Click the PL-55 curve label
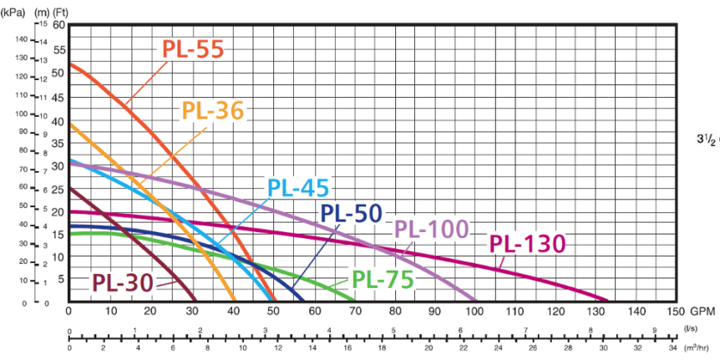click(193, 49)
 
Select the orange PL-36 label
click(213, 110)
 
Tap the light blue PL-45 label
click(298, 188)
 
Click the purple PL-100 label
click(431, 229)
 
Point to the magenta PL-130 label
click(527, 244)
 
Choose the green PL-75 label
click(383, 280)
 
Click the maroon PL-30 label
click(122, 283)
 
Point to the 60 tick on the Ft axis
click(58, 24)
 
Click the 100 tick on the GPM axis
click(474, 311)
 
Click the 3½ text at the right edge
click(705, 139)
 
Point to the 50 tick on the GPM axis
click(271, 311)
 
